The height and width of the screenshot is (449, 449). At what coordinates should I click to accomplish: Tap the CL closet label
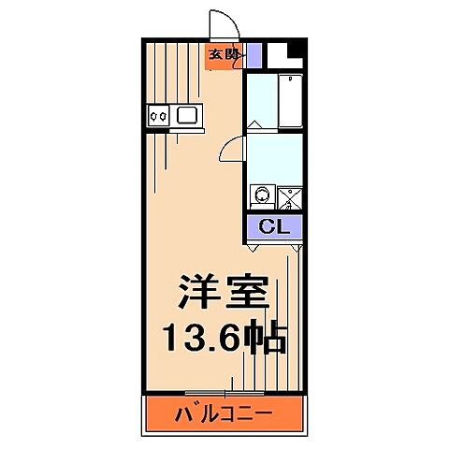274,225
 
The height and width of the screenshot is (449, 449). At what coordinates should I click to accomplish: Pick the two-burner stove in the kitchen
158,116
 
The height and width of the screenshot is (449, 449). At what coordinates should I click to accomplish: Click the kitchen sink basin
187,116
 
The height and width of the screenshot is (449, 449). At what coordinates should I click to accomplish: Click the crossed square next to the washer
288,196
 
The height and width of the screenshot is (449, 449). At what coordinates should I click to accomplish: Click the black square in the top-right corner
297,50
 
